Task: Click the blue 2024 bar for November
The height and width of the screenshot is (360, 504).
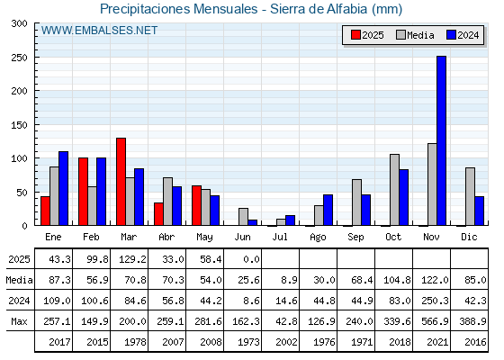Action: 441,140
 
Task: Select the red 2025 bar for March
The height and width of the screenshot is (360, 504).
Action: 121,182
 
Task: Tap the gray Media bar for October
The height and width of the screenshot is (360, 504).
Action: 394,190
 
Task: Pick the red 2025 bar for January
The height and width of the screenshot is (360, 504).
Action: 45,211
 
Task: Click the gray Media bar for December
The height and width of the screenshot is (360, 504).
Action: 470,197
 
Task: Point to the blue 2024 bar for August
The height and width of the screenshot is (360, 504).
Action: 328,210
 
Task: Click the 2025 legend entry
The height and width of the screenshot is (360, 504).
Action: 367,35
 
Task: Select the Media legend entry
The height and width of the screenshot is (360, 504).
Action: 415,35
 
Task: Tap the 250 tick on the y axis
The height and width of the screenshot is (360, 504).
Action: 19,58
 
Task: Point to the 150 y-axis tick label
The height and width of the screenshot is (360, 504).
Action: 19,125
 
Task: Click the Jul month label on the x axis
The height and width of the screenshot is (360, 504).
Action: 280,237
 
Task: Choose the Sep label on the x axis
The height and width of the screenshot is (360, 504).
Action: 355,237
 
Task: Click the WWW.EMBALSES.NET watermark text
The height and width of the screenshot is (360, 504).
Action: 99,31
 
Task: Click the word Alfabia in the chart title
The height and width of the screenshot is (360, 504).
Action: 346,9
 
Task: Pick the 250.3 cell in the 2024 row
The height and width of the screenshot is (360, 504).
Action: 435,301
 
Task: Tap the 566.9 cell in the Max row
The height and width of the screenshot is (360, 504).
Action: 435,321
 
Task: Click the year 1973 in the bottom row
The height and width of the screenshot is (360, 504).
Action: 248,342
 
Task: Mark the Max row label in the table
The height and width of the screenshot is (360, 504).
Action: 19,321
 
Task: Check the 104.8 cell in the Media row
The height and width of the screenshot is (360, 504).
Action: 397,280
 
